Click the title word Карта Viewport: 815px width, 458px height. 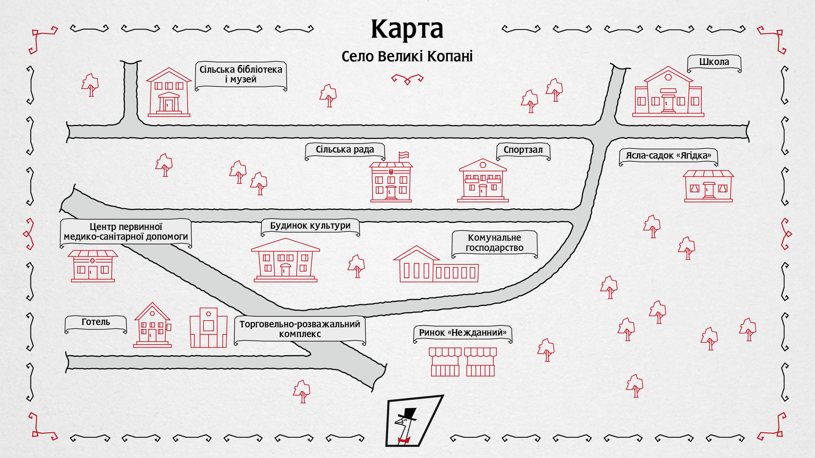(407, 30)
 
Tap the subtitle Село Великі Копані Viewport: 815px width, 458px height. (407, 57)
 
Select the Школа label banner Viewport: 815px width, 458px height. (714, 63)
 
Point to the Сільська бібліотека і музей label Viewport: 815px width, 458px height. (241, 75)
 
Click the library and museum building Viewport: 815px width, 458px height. (168, 93)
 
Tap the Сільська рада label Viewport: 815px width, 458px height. (344, 150)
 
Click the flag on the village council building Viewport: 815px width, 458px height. (404, 156)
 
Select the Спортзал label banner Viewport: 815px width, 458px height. (523, 150)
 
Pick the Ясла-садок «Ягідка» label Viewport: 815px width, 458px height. (668, 156)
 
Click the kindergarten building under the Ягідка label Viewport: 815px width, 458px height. (708, 186)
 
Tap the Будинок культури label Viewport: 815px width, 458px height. (310, 226)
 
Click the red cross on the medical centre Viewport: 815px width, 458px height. (93, 261)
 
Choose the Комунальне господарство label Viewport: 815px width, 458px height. (494, 243)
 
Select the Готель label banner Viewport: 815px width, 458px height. (96, 322)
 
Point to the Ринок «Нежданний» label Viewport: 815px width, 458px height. (462, 333)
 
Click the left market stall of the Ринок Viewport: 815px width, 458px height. (445, 362)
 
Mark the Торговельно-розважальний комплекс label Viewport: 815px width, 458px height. (300, 329)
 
